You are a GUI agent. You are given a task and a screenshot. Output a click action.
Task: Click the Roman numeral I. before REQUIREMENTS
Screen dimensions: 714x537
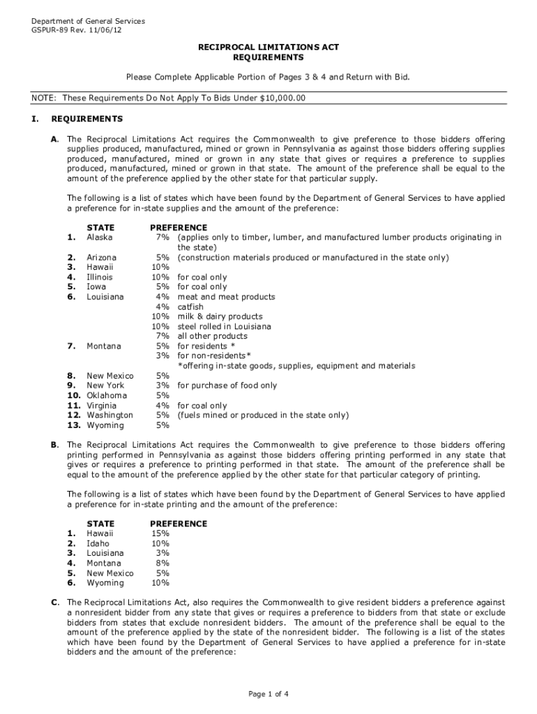coord(34,119)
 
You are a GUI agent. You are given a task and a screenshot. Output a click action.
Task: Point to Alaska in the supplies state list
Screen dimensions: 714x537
coord(99,237)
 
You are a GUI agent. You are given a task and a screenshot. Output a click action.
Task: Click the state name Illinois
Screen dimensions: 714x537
coord(100,277)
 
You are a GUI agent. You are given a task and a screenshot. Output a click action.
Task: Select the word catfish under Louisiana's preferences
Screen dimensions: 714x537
coord(190,306)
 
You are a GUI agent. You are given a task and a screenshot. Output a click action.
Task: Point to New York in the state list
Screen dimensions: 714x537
coord(105,386)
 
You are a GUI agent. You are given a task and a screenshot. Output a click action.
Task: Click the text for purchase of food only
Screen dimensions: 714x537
coord(227,386)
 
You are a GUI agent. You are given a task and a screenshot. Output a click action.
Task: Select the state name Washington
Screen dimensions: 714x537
coord(109,415)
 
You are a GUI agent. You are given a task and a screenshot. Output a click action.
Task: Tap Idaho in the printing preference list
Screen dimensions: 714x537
coord(98,543)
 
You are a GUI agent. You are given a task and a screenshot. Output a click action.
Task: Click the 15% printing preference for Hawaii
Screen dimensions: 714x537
coord(160,533)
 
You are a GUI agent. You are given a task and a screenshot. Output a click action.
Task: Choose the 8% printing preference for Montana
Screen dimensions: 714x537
coord(162,563)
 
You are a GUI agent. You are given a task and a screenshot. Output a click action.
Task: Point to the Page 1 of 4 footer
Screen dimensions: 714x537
coord(268,694)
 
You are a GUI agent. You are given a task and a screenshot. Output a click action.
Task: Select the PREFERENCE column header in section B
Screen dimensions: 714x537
coord(178,524)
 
